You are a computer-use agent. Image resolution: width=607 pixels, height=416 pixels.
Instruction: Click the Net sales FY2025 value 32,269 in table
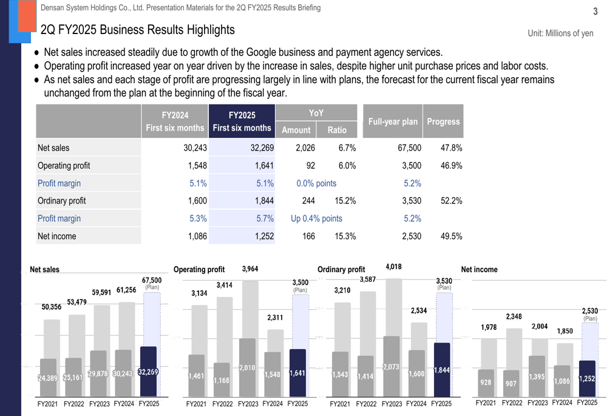click(262, 148)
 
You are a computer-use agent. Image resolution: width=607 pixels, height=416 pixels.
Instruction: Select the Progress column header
click(443, 121)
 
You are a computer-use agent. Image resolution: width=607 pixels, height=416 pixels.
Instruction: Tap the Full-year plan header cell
click(392, 121)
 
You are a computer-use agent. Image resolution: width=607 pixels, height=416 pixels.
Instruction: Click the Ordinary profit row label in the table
click(61, 201)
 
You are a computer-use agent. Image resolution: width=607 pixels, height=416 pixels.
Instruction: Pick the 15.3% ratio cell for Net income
click(345, 236)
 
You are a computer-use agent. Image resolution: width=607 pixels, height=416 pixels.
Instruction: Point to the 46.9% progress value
click(451, 165)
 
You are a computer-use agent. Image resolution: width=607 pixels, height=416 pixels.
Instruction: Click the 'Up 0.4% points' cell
click(316, 219)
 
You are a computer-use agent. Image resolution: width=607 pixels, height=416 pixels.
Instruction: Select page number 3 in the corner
click(595, 10)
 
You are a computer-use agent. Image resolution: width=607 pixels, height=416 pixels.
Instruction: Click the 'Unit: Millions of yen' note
click(560, 33)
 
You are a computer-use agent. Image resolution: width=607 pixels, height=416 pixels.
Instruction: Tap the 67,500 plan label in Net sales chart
click(152, 280)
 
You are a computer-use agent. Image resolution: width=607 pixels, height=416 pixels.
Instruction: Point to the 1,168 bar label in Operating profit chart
click(222, 380)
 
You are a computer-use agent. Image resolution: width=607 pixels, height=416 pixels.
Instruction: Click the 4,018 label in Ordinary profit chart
click(393, 267)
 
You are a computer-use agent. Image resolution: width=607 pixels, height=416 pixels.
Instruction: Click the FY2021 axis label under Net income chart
click(486, 403)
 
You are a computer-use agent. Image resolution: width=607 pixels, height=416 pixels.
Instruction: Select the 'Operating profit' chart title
click(199, 270)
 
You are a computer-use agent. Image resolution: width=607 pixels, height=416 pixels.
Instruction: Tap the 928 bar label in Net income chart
click(486, 383)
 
